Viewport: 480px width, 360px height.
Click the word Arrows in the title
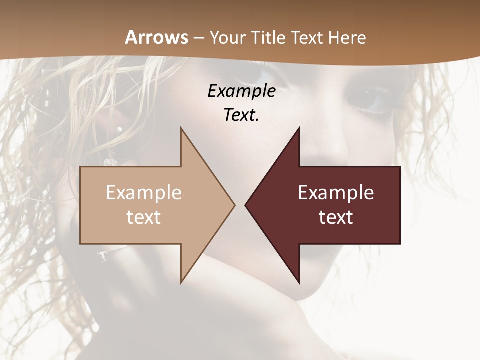157,37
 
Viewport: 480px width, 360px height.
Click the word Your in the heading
227,37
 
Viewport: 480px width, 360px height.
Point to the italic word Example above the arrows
241,91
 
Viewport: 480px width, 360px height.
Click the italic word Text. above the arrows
241,115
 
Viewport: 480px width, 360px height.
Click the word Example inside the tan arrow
144,193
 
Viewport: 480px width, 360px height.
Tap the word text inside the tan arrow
144,217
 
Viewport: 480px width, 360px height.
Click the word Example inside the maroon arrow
336,193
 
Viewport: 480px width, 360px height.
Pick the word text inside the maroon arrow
336,217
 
